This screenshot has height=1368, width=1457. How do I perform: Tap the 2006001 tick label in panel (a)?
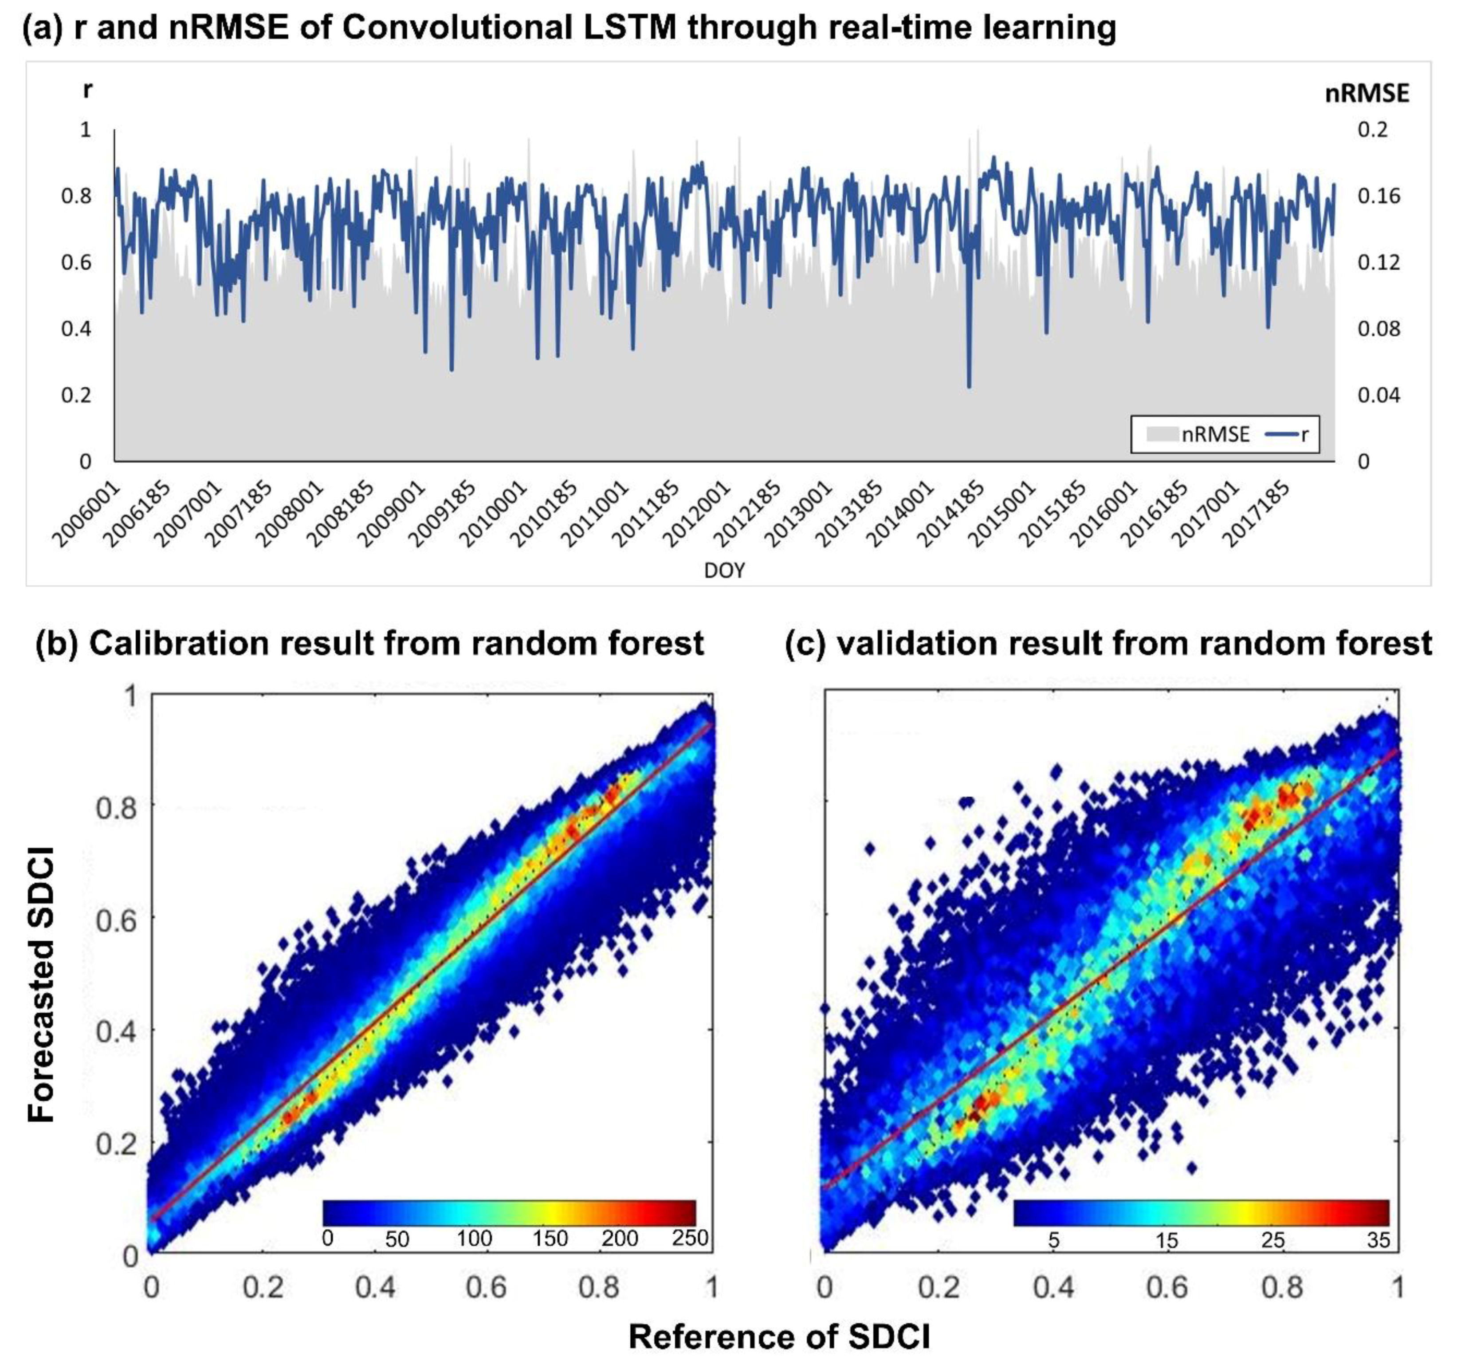[x=86, y=514]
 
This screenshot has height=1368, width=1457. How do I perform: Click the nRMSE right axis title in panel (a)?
[x=1366, y=94]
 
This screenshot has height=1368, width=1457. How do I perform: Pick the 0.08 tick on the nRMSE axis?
[x=1378, y=328]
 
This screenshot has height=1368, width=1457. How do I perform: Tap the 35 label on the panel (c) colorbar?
[x=1378, y=1240]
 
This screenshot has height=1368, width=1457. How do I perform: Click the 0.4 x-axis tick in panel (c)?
[x=1053, y=1287]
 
